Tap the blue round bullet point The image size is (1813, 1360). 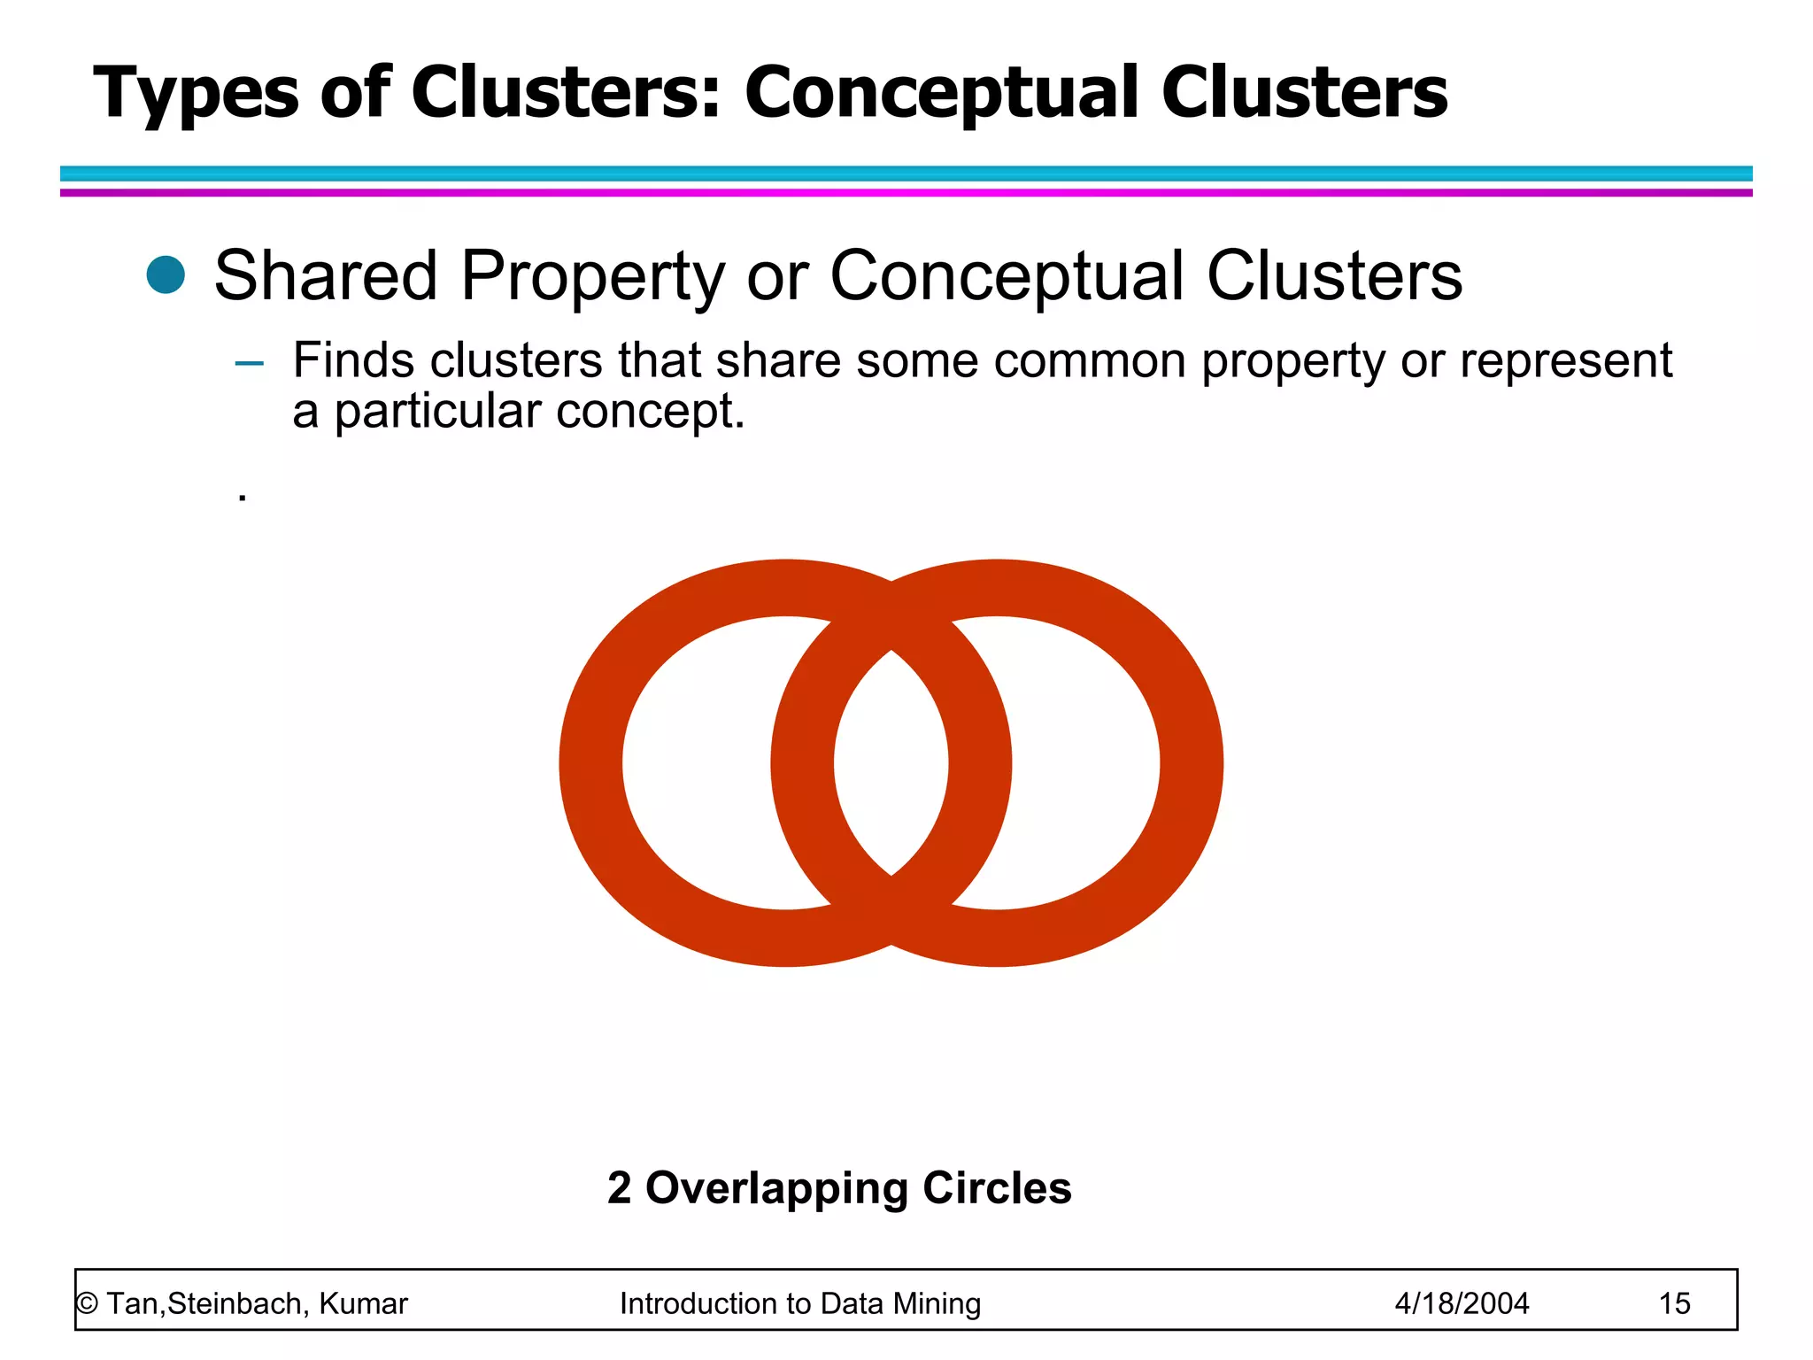pyautogui.click(x=166, y=274)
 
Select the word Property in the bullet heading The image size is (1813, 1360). pyautogui.click(x=592, y=276)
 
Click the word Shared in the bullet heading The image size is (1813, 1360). pyautogui.click(x=326, y=276)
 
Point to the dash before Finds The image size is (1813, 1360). pyautogui.click(x=250, y=363)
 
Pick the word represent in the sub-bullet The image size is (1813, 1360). pyautogui.click(x=1565, y=360)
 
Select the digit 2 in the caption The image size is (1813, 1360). pyautogui.click(x=620, y=1188)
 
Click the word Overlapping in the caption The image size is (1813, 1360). pyautogui.click(x=776, y=1189)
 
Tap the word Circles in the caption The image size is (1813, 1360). pyautogui.click(x=997, y=1188)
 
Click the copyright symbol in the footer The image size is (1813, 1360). pyautogui.click(x=87, y=1304)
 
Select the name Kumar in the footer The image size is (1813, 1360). pyautogui.click(x=363, y=1303)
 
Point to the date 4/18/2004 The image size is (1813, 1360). pyautogui.click(x=1462, y=1303)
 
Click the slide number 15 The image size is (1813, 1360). pyautogui.click(x=1674, y=1303)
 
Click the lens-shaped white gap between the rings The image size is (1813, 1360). pyautogui.click(x=891, y=762)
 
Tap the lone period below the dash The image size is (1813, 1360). pyautogui.click(x=243, y=498)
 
